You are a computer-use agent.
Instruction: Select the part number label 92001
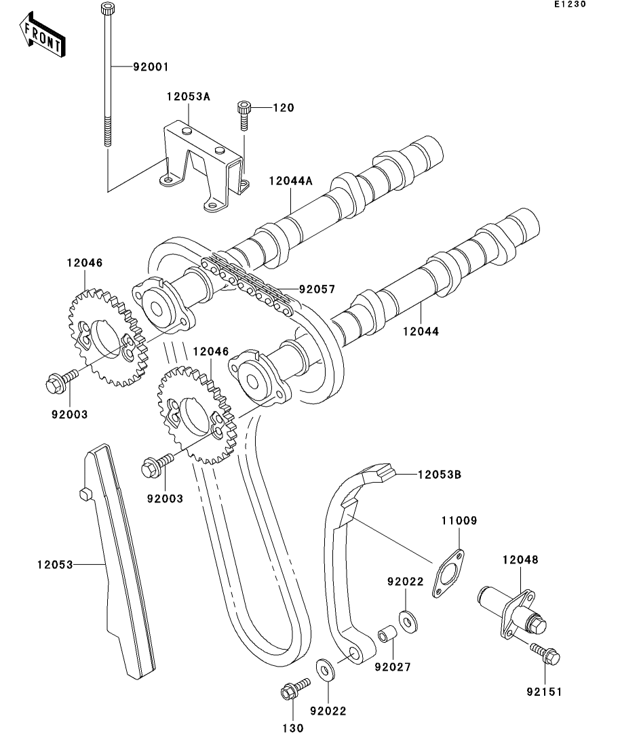tap(150, 67)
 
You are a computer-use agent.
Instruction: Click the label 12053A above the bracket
tap(188, 97)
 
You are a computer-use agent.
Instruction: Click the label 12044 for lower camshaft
tap(421, 332)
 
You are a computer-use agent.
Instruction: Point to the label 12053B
tap(439, 474)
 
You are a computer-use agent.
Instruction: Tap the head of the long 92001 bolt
tap(106, 9)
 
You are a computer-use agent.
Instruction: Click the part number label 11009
tap(458, 521)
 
